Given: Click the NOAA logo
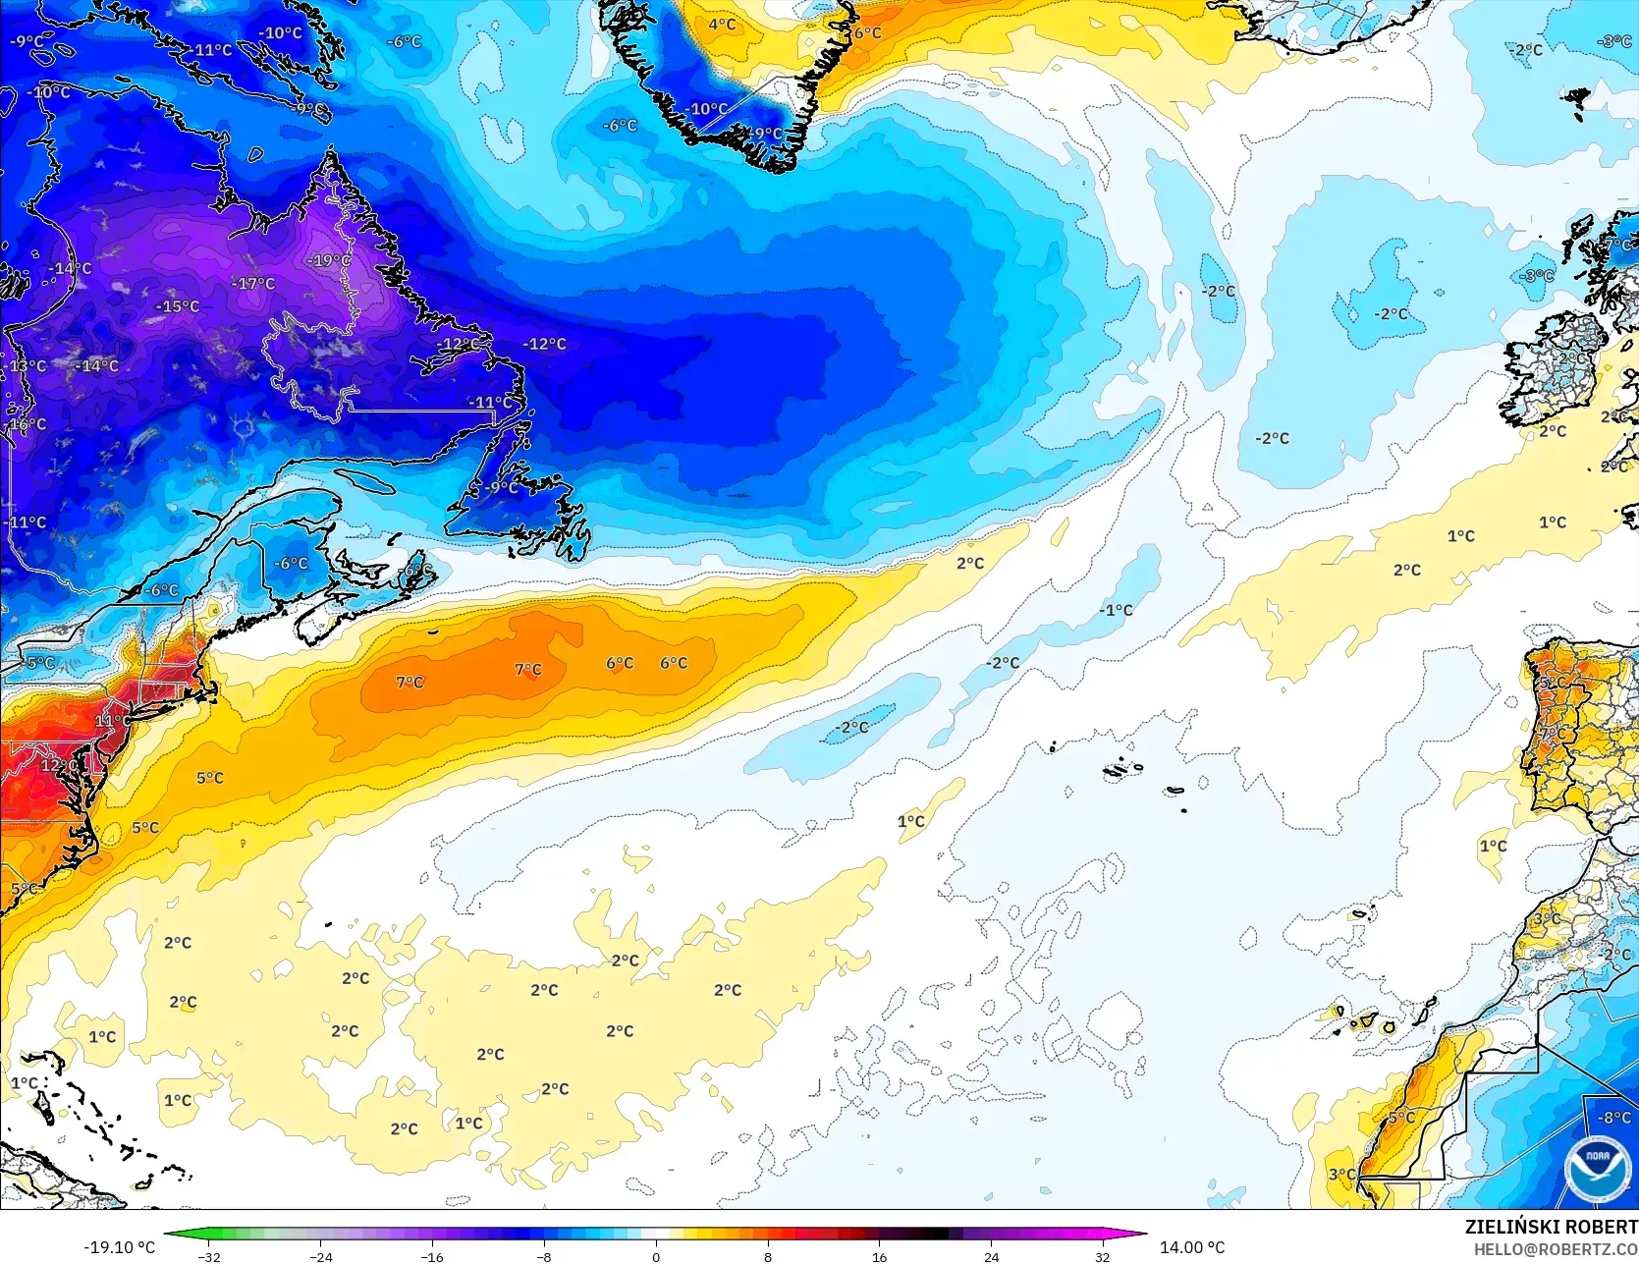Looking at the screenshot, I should click(x=1596, y=1168).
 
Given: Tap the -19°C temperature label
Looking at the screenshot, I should click(x=328, y=260).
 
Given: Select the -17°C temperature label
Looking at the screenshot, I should click(x=253, y=283).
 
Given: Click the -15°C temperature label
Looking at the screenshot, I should click(x=178, y=305).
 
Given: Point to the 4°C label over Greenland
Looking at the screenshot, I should click(x=722, y=25).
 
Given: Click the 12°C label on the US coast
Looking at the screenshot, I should click(x=57, y=764).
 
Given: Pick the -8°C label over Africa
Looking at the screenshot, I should click(x=1613, y=1118).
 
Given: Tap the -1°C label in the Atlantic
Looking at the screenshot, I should click(x=1116, y=610).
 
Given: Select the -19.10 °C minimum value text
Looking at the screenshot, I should click(x=119, y=1247).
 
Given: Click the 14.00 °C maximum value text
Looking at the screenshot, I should click(x=1192, y=1247).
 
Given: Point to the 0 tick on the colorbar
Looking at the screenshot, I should click(x=656, y=1256).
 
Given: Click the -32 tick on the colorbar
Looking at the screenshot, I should click(x=208, y=1256).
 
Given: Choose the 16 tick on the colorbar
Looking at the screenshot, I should click(x=879, y=1256).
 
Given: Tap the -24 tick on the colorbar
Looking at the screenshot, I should click(x=320, y=1256).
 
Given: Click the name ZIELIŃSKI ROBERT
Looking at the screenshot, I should click(x=1551, y=1227).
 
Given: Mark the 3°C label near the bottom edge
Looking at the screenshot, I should click(x=1341, y=1174).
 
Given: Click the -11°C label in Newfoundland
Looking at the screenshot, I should click(x=490, y=402).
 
